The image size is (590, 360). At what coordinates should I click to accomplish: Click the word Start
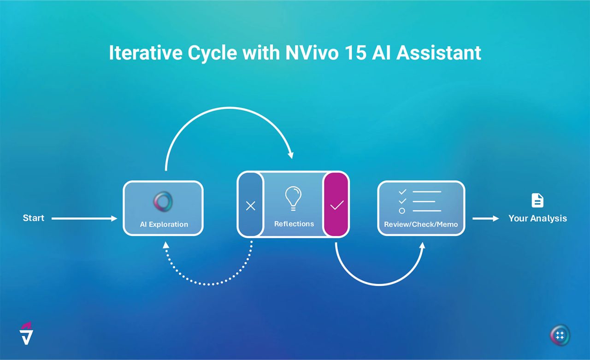(x=34, y=218)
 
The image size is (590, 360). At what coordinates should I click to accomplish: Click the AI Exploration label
(x=164, y=224)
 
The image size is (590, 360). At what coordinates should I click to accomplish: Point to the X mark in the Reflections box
(x=250, y=206)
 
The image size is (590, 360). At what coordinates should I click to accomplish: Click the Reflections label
(x=294, y=224)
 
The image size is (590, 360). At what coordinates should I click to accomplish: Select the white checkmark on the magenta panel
(x=336, y=205)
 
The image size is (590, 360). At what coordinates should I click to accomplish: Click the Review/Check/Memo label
(x=421, y=224)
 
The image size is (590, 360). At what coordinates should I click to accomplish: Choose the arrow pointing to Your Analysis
(x=485, y=218)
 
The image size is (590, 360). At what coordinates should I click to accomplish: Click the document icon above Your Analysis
(x=537, y=201)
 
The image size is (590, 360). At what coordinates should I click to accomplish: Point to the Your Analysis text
(x=537, y=218)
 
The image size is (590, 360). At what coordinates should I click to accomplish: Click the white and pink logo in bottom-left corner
(x=27, y=333)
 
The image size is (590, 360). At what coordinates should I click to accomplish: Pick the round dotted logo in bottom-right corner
(x=560, y=335)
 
